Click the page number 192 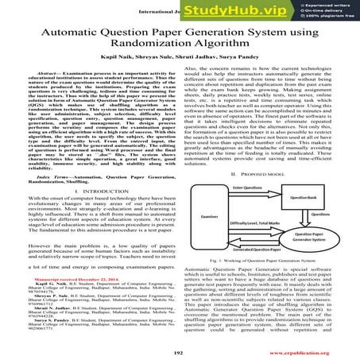pyautogui.click(x=180, y=349)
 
